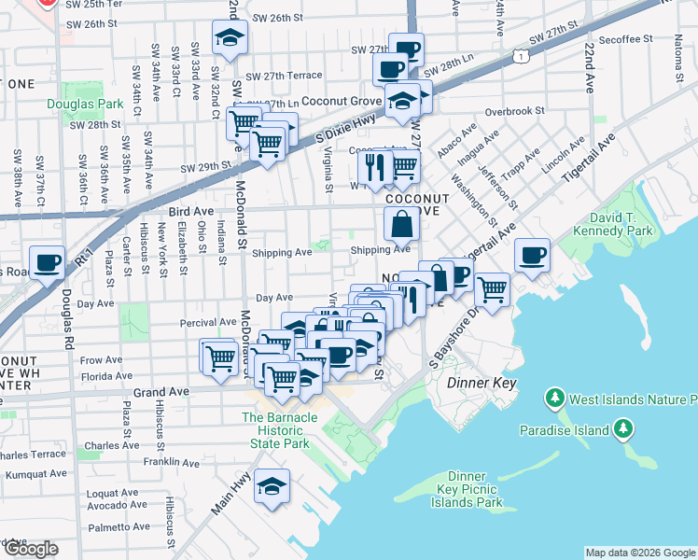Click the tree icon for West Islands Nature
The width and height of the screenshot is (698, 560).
point(555,400)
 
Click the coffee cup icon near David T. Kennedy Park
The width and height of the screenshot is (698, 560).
point(532,256)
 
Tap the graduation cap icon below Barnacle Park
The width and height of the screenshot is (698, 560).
point(272,485)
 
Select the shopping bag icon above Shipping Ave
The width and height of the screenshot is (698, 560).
point(401,224)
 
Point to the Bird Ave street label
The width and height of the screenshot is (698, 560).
point(191,212)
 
